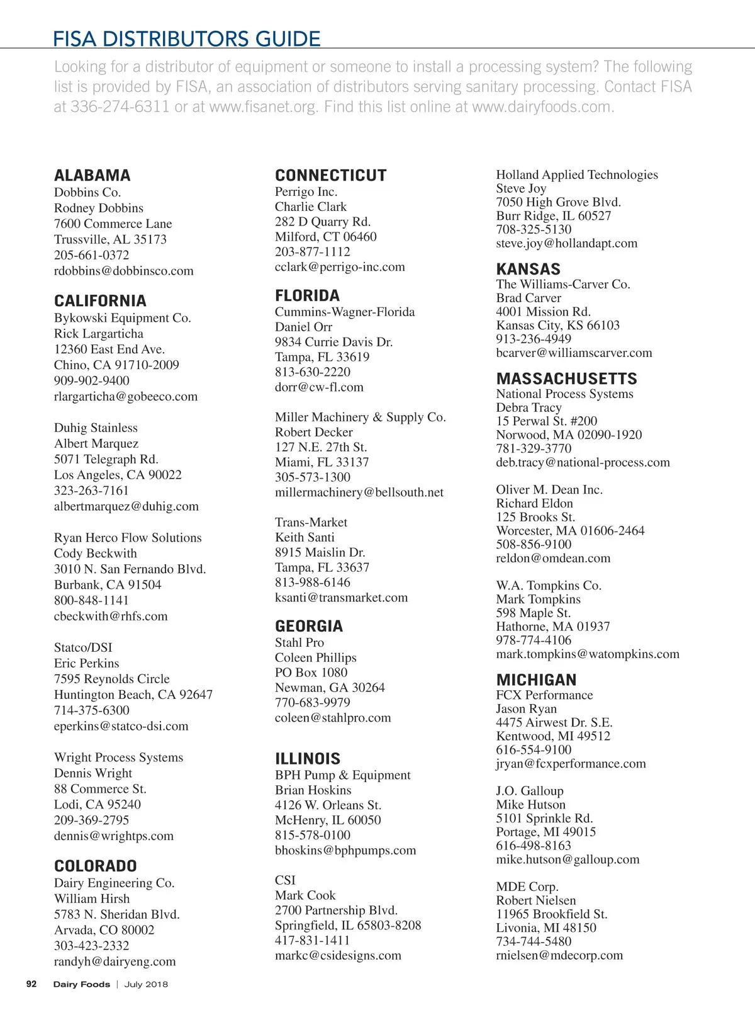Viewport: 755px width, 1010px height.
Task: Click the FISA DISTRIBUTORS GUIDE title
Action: [x=187, y=39]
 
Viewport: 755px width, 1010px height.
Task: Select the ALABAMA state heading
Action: [x=92, y=176]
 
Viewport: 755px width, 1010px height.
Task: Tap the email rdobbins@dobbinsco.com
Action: [x=124, y=271]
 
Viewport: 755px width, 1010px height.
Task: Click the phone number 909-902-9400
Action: [x=92, y=380]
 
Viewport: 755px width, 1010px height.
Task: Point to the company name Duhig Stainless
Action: [x=96, y=428]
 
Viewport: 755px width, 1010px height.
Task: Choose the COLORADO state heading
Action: [x=96, y=866]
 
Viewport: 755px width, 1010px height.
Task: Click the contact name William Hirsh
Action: [x=92, y=899]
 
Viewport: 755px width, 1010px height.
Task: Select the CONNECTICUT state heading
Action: [x=331, y=176]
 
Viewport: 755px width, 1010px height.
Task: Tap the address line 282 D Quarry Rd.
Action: [x=323, y=222]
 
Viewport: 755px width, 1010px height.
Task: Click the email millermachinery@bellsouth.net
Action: [x=359, y=492]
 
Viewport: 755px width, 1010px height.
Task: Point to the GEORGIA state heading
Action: [x=309, y=627]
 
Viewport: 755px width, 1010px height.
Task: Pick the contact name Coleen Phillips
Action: [x=316, y=657]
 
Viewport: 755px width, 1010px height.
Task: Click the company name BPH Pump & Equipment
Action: [x=343, y=775]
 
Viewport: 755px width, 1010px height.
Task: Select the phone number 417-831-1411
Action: [x=313, y=940]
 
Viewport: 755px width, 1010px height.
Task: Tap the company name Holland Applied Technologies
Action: [x=577, y=175]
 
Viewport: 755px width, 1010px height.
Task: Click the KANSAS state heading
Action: [x=528, y=270]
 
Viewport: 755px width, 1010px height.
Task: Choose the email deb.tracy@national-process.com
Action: [x=583, y=462]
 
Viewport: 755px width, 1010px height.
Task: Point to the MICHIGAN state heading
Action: [x=537, y=680]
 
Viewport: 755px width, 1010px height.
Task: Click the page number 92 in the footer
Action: [x=31, y=984]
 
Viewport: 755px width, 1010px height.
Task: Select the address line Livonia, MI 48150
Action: [x=546, y=928]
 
